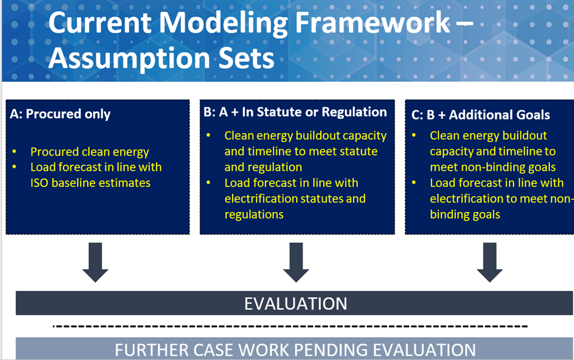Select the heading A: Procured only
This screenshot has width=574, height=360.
[60, 114]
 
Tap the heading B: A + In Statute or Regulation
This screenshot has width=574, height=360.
[296, 112]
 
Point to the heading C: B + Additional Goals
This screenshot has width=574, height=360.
[481, 115]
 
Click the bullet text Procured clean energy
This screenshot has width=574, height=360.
[90, 151]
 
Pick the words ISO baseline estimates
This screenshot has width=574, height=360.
[91, 183]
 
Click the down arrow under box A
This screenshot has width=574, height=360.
[95, 262]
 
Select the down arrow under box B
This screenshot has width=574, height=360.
[296, 262]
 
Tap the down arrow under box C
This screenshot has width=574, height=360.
[489, 262]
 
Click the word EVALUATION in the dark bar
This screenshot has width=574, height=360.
[296, 303]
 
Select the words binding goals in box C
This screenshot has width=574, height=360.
[465, 214]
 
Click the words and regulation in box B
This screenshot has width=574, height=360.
[263, 167]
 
